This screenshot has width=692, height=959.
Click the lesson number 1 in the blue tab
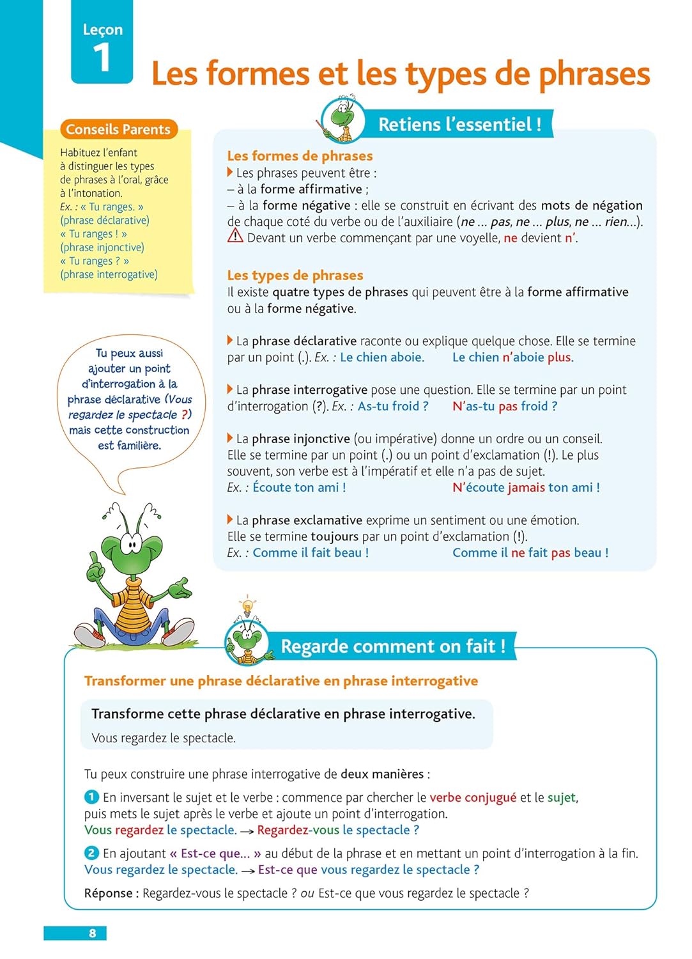[102, 58]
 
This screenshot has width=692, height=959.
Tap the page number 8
[93, 933]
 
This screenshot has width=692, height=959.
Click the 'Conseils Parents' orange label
[118, 129]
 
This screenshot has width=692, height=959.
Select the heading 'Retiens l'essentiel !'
[459, 124]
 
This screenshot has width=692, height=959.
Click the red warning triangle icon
[235, 237]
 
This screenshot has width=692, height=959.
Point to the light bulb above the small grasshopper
[247, 605]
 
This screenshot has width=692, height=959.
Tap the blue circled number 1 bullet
[91, 797]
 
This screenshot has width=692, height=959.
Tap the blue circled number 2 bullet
[91, 853]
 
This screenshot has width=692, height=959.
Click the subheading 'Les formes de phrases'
[300, 155]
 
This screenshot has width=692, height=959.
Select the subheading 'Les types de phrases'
[295, 275]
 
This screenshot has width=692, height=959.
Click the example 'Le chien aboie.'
[382, 357]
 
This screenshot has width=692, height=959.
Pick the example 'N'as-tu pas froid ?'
[505, 406]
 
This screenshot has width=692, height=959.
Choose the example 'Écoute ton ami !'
[299, 487]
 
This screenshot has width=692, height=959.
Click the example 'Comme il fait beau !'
[311, 552]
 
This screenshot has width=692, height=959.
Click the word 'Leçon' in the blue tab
[103, 29]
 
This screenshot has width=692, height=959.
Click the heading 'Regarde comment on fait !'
[393, 646]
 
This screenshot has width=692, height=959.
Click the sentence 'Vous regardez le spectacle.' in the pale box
[164, 738]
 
